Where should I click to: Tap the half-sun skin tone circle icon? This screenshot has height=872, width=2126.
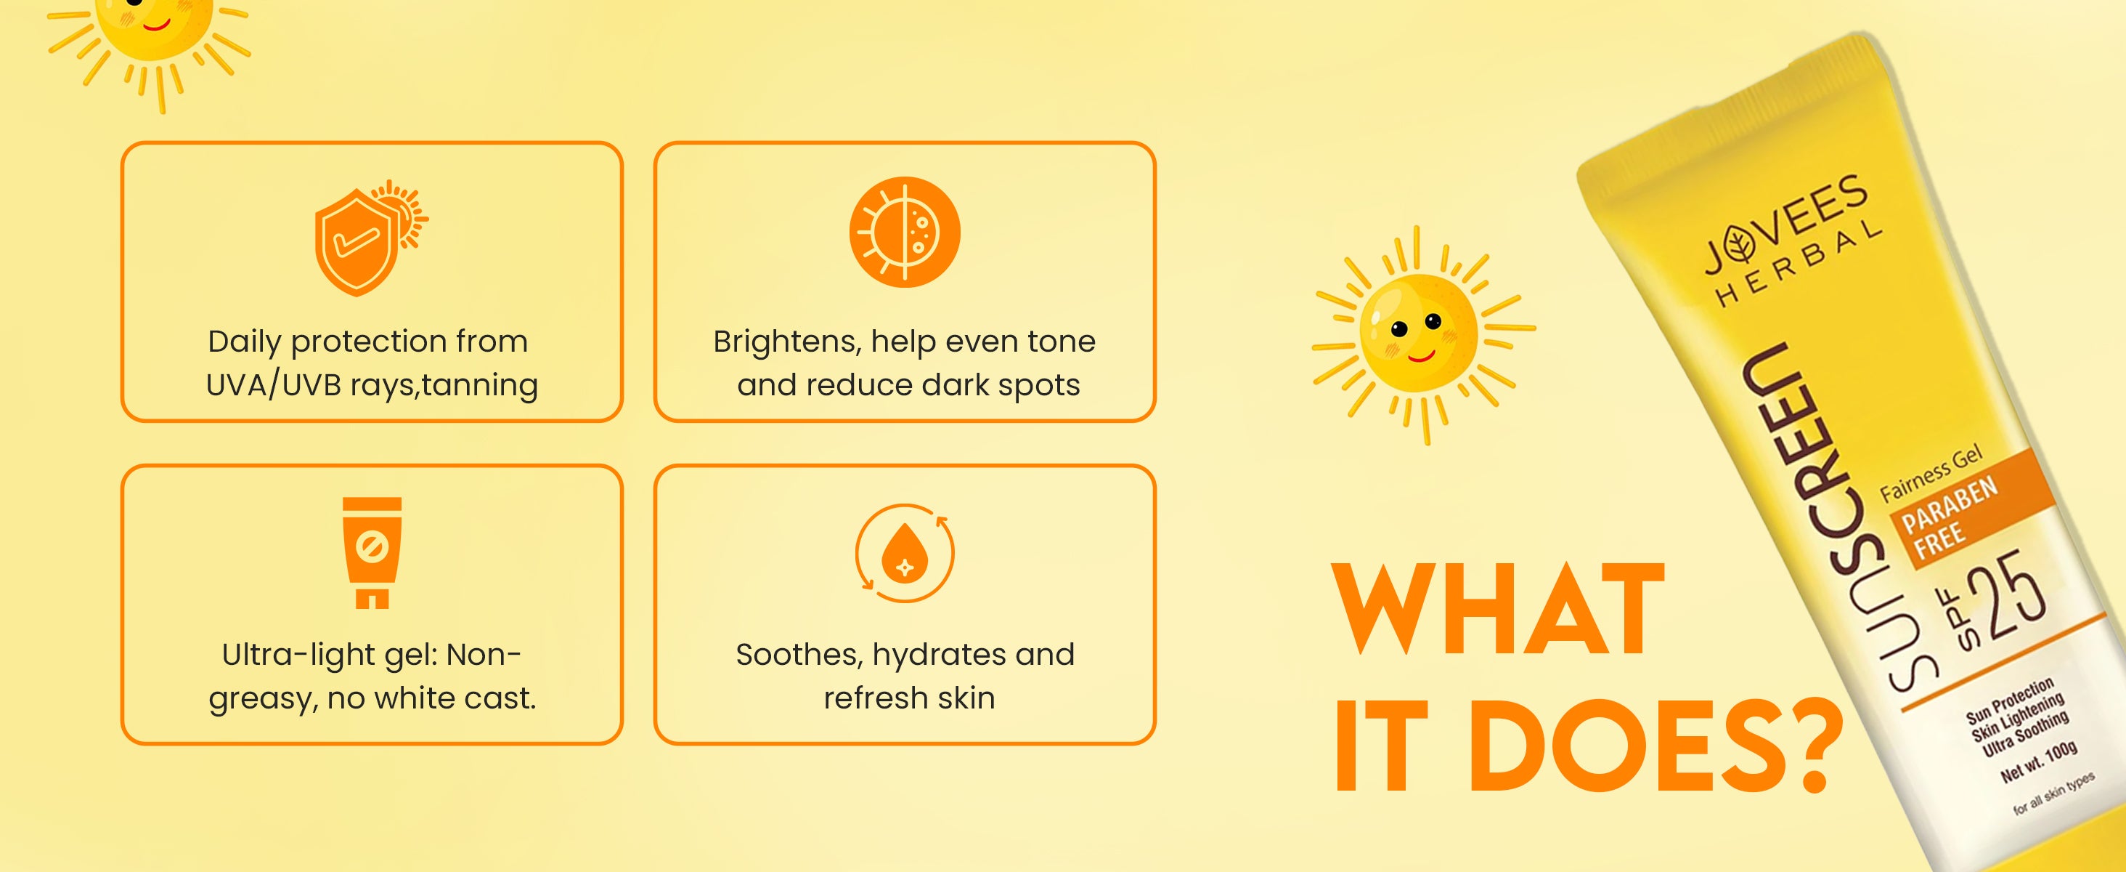tap(905, 232)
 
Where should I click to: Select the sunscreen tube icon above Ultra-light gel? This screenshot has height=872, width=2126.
tap(372, 552)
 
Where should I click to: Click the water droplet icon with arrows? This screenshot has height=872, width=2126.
tap(905, 553)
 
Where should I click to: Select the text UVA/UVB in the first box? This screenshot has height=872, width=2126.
tap(273, 385)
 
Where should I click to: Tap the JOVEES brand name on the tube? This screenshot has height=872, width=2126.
tap(1787, 223)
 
